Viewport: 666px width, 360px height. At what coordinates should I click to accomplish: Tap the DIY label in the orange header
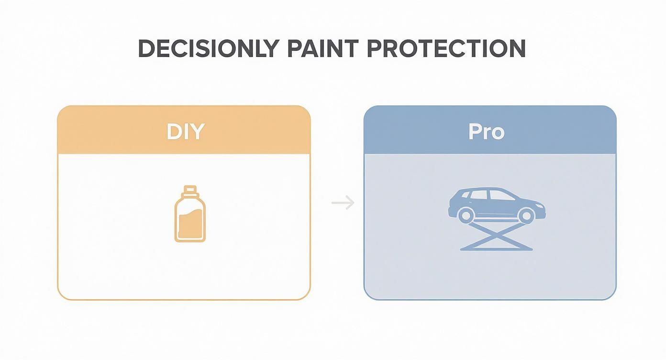[x=185, y=131]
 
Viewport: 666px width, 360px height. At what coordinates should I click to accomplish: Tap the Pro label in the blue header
[x=486, y=131]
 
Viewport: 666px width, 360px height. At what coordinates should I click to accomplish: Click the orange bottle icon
[x=189, y=215]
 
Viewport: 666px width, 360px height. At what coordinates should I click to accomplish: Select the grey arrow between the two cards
[x=343, y=203]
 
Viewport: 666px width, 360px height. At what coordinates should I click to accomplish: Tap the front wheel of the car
[x=525, y=215]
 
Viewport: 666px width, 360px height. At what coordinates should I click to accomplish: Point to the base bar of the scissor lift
[x=496, y=248]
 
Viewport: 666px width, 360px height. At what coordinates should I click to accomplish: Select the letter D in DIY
[x=173, y=131]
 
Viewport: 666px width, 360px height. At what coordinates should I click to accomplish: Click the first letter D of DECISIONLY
[x=145, y=48]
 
